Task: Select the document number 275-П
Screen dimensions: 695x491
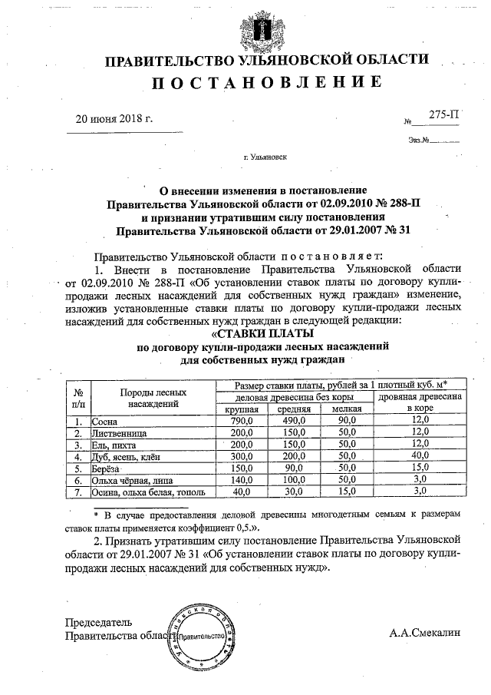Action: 444,115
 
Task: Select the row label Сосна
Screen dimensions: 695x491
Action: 104,422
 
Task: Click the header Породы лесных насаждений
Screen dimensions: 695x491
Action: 153,397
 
